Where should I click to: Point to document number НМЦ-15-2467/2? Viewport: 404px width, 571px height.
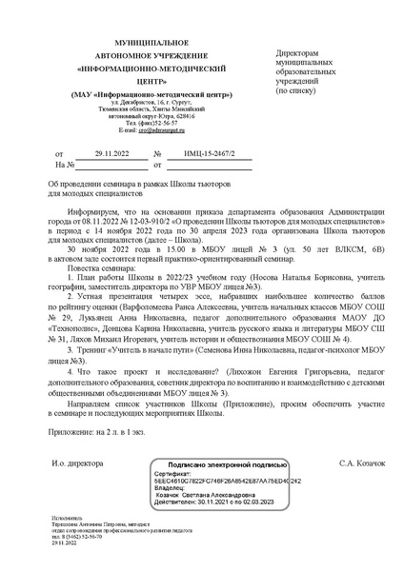click(x=196, y=152)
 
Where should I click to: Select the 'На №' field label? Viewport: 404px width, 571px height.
click(x=64, y=165)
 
